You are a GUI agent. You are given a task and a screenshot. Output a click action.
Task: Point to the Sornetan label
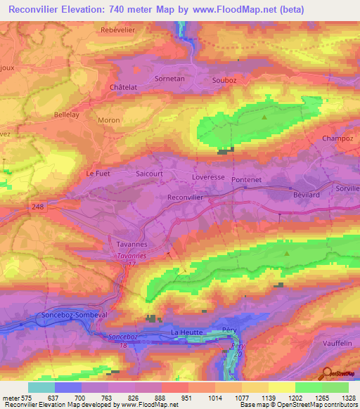[169, 79]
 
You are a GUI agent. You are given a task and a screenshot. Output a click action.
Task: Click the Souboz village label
[225, 79]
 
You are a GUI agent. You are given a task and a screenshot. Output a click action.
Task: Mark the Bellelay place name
[70, 113]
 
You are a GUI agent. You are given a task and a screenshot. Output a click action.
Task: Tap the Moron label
[109, 120]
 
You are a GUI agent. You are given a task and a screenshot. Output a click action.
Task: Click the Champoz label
[335, 139]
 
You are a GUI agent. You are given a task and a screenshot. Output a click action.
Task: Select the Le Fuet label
[98, 173]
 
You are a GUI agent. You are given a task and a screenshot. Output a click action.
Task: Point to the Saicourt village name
[148, 172]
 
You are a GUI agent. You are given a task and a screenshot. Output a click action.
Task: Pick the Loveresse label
[208, 177]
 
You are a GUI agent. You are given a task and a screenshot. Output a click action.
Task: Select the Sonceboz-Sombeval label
[75, 316]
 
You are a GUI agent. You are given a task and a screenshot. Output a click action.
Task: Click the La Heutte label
[187, 332]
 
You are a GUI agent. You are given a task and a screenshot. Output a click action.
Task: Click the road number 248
[38, 206]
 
